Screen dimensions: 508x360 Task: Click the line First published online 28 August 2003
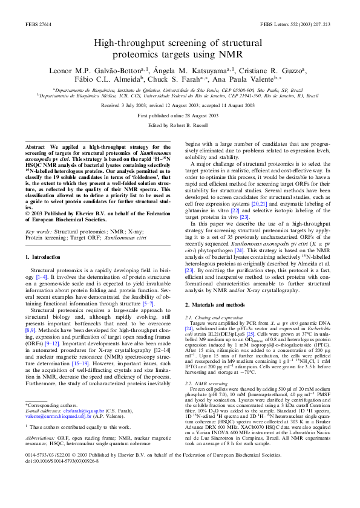[x=180, y=115]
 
